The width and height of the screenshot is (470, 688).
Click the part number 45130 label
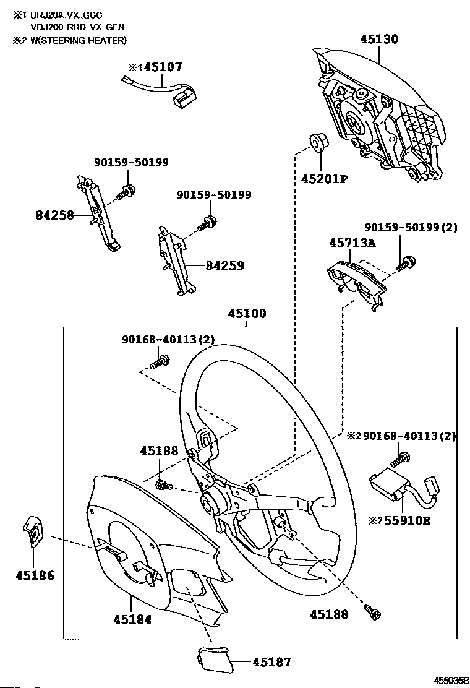click(379, 39)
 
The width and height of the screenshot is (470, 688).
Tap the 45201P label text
click(324, 179)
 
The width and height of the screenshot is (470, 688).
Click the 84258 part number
click(55, 215)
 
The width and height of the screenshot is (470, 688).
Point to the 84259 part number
click(225, 265)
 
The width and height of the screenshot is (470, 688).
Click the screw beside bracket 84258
click(126, 192)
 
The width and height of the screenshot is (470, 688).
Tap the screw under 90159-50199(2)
click(406, 263)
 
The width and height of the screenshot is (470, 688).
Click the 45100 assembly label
click(247, 313)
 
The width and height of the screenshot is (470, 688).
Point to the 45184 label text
click(132, 619)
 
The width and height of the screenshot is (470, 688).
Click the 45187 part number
click(272, 662)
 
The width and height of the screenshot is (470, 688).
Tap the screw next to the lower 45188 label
click(373, 613)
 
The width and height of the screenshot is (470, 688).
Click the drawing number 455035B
click(451, 681)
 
